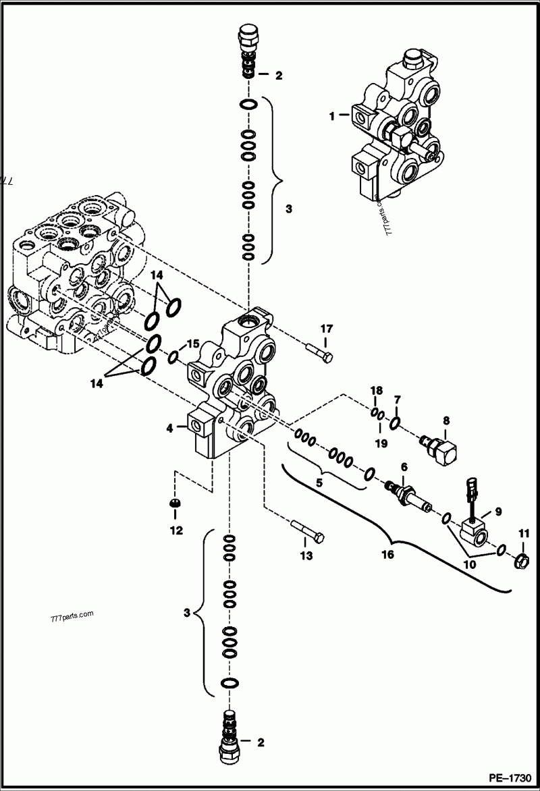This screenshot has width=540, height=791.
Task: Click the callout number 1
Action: [331, 116]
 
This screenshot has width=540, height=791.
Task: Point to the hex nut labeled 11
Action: [521, 560]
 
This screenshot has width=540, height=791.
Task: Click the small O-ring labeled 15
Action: [173, 356]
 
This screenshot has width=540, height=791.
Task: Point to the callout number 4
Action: [169, 427]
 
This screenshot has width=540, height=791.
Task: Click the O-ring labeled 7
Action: [396, 422]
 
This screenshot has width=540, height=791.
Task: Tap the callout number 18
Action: [377, 391]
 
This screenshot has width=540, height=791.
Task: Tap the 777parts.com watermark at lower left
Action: [72, 617]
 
